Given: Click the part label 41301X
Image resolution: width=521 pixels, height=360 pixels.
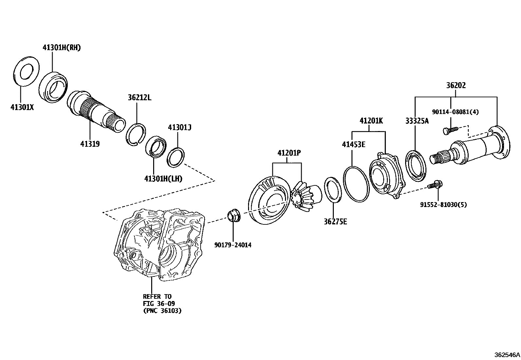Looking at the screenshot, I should coord(22,107).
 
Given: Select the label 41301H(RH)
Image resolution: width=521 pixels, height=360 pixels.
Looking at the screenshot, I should coord(62,47).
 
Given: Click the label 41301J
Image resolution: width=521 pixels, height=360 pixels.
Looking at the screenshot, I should coord(179,127).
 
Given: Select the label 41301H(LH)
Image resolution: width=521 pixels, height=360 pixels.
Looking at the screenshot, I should coord(163,179).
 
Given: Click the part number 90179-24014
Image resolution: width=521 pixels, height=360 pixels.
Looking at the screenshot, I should coord(233,245).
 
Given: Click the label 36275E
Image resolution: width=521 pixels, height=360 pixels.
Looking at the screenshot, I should coord(335,222).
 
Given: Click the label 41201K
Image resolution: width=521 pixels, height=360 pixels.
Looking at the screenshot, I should coord(371,121).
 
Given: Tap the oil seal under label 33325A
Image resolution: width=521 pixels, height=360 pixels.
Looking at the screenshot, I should coord(416,165).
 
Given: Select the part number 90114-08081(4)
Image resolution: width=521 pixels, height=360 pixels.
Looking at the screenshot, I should coord(455,112).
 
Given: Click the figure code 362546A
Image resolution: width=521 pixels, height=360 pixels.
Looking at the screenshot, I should coord(507,355).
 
